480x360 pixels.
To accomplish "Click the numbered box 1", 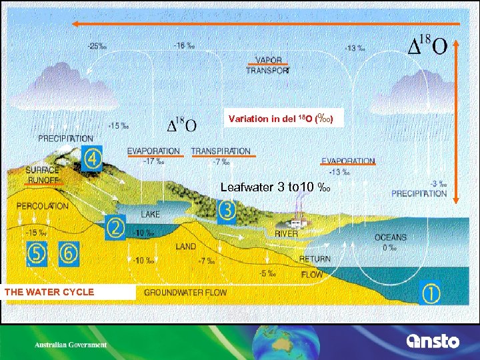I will [x=431, y=292].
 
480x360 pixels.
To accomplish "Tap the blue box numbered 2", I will [x=115, y=227].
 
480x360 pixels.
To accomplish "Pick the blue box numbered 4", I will [x=93, y=159].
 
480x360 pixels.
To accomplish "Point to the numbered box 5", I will [x=37, y=253].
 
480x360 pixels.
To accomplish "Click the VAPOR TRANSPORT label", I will [x=268, y=64].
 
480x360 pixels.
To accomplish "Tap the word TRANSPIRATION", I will [x=221, y=151].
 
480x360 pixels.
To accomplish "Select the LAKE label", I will [x=151, y=215].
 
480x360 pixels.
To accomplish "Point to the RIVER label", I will [x=287, y=233].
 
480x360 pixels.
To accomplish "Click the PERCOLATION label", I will [x=42, y=206].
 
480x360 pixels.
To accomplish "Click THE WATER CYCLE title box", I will [x=49, y=292].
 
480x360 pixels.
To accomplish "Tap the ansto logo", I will [x=433, y=341].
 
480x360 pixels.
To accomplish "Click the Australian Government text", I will [x=71, y=345].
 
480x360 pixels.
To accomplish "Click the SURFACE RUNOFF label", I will [x=43, y=175].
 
